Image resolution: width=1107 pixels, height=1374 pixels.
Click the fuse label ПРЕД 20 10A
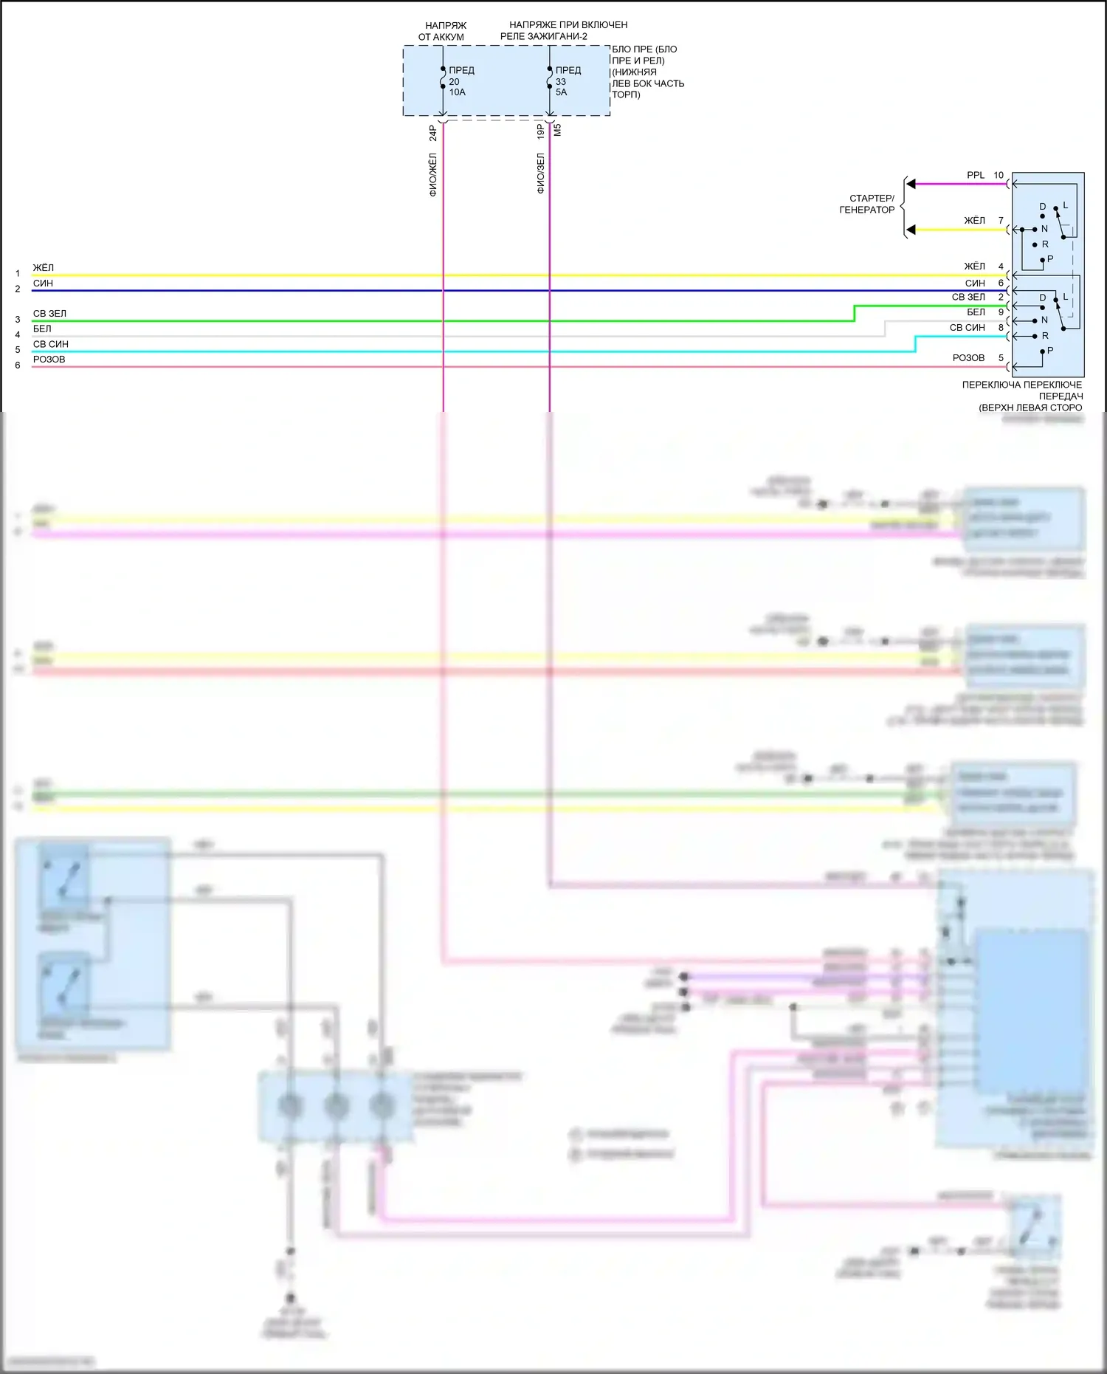click(x=461, y=81)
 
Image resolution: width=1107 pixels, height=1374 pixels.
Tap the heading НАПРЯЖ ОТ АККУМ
click(x=444, y=31)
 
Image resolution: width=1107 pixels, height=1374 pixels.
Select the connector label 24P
click(x=433, y=133)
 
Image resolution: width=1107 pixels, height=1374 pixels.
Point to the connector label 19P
click(x=540, y=132)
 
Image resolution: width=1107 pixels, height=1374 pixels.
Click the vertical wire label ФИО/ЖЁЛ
click(x=433, y=174)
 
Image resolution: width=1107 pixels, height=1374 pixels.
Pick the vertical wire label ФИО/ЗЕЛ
click(x=540, y=174)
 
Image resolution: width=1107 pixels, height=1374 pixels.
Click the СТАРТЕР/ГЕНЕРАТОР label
click(x=868, y=204)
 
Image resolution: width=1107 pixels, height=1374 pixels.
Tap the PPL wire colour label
click(x=976, y=175)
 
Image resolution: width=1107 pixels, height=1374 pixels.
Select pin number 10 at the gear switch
click(x=999, y=175)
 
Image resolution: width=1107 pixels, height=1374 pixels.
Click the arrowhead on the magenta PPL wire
click(x=911, y=184)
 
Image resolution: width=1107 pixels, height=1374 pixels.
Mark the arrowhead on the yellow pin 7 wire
click(x=911, y=230)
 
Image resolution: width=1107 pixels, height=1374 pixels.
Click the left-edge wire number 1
click(x=18, y=273)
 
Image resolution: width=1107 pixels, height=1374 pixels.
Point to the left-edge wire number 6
click(x=18, y=365)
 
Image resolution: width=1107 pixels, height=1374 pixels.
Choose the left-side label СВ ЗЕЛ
click(x=49, y=314)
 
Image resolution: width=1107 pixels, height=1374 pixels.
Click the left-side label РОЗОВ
click(x=49, y=360)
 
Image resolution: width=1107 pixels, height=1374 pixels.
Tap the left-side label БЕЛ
click(x=42, y=329)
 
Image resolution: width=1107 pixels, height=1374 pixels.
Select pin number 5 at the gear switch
click(x=1001, y=358)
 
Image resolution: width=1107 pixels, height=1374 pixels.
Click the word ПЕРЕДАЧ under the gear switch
click(x=1061, y=396)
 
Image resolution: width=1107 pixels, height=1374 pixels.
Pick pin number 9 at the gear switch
click(x=1001, y=312)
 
